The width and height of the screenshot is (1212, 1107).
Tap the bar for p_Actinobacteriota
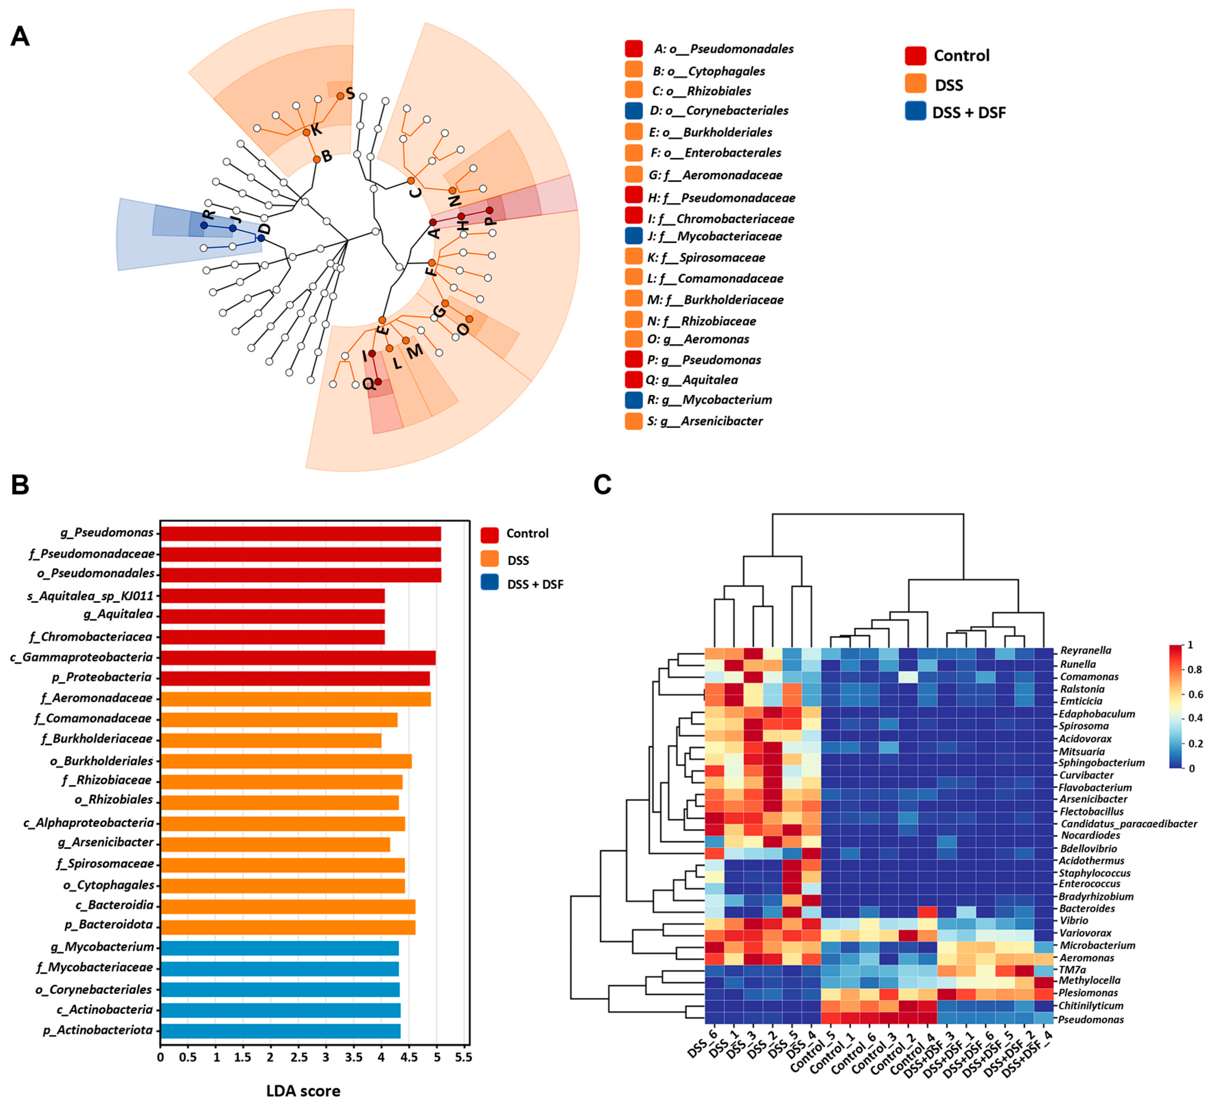280,1031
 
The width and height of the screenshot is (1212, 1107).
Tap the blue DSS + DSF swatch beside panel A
915,112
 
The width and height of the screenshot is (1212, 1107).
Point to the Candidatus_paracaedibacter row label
1128,823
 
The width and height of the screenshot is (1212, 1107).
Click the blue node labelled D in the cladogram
261,238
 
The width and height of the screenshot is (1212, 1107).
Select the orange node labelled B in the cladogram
317,159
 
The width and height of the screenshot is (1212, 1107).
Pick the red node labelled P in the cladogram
489,210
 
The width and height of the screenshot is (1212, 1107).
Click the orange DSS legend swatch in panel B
490,560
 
